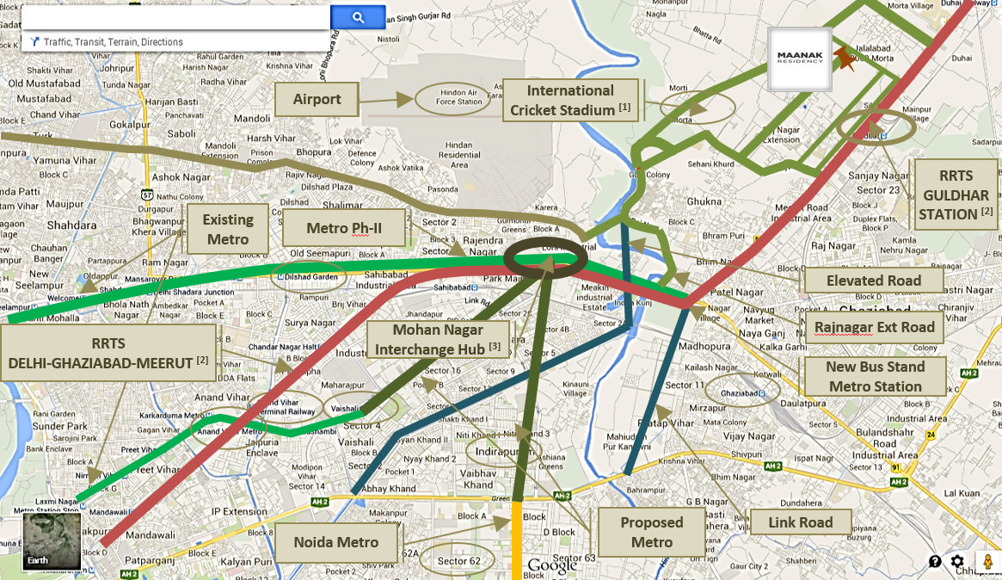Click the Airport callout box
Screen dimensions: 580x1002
point(317,100)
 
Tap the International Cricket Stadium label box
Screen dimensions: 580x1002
point(570,100)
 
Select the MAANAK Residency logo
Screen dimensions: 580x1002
point(800,59)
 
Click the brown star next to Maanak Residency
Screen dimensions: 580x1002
point(847,59)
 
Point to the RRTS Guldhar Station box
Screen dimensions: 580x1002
point(956,194)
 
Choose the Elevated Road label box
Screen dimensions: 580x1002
point(873,281)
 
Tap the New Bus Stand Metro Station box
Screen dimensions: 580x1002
point(874,376)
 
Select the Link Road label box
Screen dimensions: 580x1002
point(800,522)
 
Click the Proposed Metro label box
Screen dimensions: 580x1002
point(651,532)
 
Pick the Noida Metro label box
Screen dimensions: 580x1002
point(335,542)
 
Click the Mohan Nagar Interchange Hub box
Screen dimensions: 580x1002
point(437,339)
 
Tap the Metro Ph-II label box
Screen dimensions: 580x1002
point(343,228)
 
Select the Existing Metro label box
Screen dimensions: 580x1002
point(228,229)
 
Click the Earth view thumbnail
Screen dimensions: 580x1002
point(52,540)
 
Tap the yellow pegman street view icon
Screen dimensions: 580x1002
point(987,560)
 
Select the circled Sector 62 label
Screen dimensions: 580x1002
point(458,560)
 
